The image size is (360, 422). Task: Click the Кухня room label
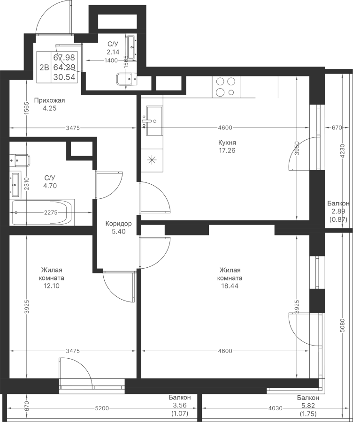[227, 143]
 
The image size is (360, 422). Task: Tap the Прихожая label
[50, 101]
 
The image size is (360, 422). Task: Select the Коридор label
[119, 224]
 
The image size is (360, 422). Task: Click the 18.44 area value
[230, 286]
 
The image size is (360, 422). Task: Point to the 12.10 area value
[52, 286]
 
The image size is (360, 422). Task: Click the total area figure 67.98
[64, 58]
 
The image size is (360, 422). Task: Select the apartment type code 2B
[44, 67]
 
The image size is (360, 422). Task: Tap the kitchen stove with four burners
[226, 87]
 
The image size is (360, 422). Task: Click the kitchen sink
[154, 121]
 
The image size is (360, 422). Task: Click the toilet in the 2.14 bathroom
[126, 79]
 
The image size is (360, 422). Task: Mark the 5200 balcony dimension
[102, 408]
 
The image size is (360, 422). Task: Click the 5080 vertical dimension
[343, 326]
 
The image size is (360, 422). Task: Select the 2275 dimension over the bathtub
[51, 212]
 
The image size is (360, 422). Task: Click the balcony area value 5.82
[308, 406]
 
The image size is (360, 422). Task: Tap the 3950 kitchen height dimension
[297, 148]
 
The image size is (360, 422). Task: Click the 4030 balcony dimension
[276, 408]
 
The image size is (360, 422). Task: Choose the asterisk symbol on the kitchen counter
[152, 160]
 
